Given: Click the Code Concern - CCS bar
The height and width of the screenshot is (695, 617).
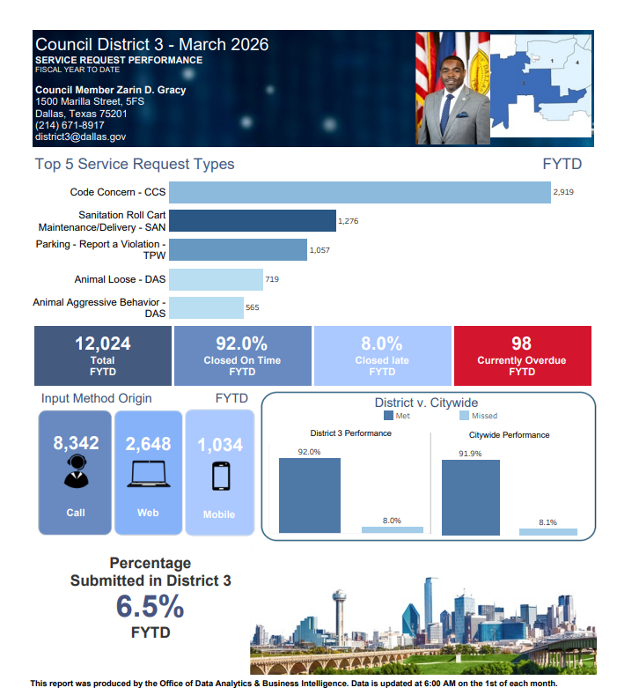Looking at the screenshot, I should click(x=359, y=192).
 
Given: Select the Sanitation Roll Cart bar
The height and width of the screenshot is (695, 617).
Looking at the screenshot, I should click(x=253, y=221).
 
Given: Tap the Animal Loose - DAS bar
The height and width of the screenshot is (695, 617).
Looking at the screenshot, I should click(x=216, y=279).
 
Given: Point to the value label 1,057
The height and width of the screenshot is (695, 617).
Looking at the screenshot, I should click(x=320, y=251).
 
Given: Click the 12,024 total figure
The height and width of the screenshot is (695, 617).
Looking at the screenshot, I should click(x=102, y=344).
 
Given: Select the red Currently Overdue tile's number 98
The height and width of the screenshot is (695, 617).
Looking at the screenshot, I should click(x=521, y=344).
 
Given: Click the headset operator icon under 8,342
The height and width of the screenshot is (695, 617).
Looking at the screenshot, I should click(x=76, y=472).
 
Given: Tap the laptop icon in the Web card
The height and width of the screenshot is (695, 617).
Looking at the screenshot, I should click(x=148, y=474).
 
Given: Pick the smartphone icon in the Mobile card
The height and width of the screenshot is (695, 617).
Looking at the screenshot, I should click(x=219, y=476).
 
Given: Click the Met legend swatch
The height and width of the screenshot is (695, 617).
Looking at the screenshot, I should click(x=388, y=416).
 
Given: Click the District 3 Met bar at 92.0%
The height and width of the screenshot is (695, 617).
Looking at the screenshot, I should click(x=309, y=495).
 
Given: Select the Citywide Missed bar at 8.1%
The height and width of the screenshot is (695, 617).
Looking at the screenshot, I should click(x=547, y=531).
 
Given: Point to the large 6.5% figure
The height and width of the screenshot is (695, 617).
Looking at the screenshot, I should click(x=150, y=607).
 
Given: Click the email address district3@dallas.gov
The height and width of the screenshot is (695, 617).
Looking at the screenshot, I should click(x=80, y=137).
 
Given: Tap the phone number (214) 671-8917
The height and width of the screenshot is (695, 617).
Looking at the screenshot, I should click(x=70, y=125).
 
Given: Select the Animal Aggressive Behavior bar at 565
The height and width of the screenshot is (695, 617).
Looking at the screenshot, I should click(x=206, y=307).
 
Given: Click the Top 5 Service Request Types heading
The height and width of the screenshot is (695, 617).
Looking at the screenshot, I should click(x=135, y=164).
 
